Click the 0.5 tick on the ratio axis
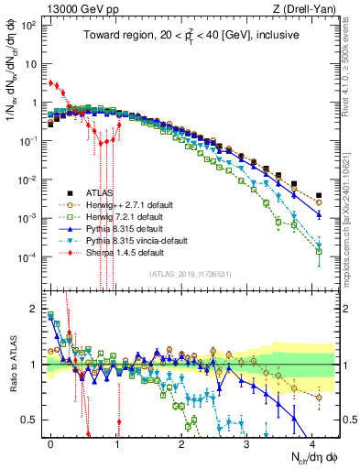32,420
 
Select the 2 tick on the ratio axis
35,309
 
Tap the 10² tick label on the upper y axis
28,22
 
